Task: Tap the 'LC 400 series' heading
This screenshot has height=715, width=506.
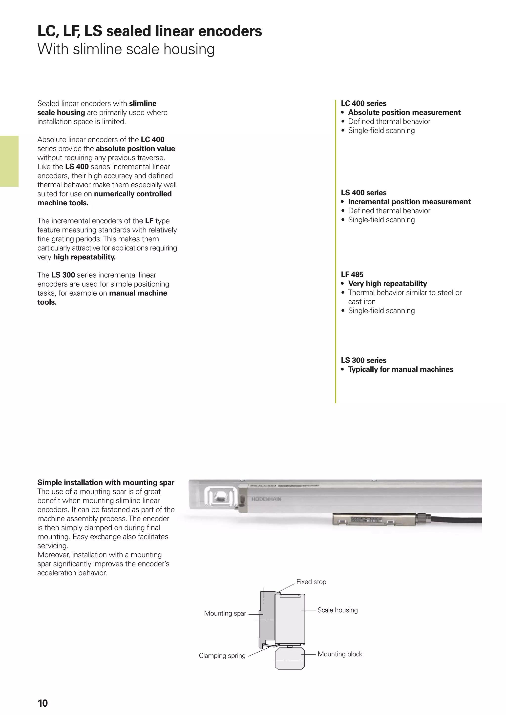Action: coord(363,103)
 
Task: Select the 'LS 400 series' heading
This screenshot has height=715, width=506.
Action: coord(363,193)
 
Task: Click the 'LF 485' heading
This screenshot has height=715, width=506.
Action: coord(352,275)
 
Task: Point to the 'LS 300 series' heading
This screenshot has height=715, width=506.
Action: coord(363,360)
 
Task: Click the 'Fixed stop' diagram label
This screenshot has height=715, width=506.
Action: coord(311,582)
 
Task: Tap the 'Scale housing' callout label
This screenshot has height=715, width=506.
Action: coord(337,610)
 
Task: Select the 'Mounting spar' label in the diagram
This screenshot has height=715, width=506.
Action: coord(225,613)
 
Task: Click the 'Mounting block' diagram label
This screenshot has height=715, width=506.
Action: coord(340,654)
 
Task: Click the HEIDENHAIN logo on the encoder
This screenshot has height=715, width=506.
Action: coord(266,499)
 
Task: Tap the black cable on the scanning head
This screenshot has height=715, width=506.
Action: coord(458,520)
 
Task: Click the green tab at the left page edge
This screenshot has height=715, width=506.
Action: coord(9,161)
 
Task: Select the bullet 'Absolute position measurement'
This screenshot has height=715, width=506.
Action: coord(404,112)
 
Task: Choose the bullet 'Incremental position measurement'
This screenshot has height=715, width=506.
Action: coord(409,202)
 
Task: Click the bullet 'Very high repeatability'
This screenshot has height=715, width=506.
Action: coord(387,284)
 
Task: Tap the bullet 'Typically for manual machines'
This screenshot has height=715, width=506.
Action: coord(400,369)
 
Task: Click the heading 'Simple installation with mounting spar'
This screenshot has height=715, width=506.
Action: coord(106,482)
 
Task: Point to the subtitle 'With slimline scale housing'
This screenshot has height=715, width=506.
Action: coord(126,49)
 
